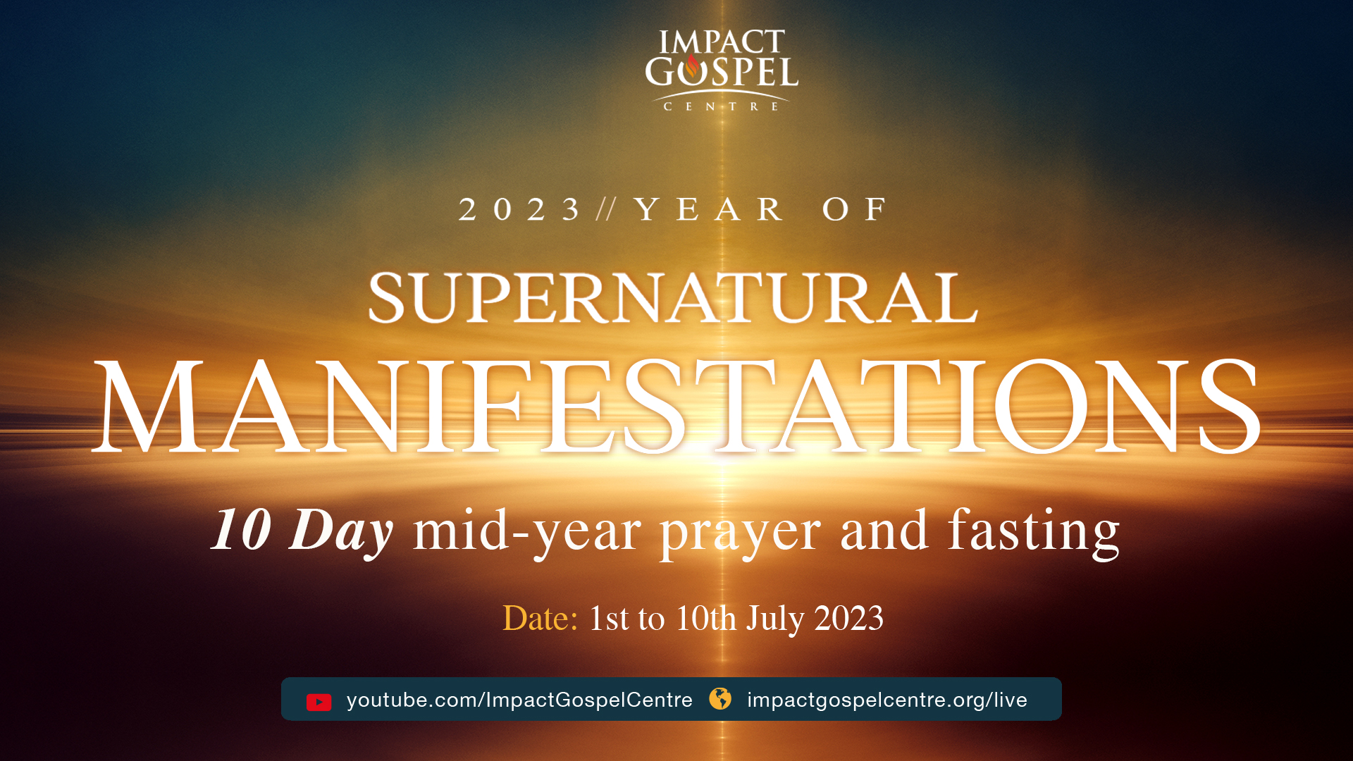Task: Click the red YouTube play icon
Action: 319,702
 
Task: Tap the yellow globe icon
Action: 720,699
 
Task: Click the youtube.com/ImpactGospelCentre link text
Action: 519,700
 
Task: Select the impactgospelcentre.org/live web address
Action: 887,700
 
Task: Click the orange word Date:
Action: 540,618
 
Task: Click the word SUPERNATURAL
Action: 673,298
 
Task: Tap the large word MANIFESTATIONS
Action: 676,407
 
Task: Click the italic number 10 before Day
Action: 242,530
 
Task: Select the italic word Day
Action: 341,532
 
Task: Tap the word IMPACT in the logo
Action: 722,42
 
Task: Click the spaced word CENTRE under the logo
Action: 722,106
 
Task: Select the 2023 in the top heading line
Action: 519,209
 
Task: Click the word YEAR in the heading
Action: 708,209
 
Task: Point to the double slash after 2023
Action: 606,209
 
